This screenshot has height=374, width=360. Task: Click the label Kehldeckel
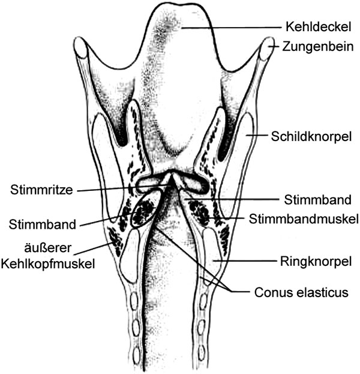coord(318,26)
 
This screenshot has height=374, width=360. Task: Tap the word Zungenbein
coord(318,46)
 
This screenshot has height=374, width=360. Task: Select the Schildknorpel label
coord(311,137)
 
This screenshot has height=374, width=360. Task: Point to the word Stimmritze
coord(41,190)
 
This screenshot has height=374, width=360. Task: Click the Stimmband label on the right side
coord(317,200)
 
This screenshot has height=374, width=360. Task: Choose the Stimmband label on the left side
coord(43,225)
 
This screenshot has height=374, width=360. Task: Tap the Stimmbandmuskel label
coord(304,219)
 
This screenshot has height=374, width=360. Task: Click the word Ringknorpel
coord(316,261)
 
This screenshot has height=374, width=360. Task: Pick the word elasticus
coord(319,292)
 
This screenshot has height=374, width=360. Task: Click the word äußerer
coord(47,248)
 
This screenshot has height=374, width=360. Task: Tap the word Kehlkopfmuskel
coord(48,264)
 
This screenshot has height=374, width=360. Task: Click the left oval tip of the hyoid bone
coord(80,47)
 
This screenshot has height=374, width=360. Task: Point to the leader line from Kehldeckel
coord(231,28)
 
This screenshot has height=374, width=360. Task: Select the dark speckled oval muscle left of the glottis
coord(143,211)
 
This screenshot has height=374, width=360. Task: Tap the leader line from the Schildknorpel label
coord(257,135)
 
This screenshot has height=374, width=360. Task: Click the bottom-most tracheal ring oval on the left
coord(136,353)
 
